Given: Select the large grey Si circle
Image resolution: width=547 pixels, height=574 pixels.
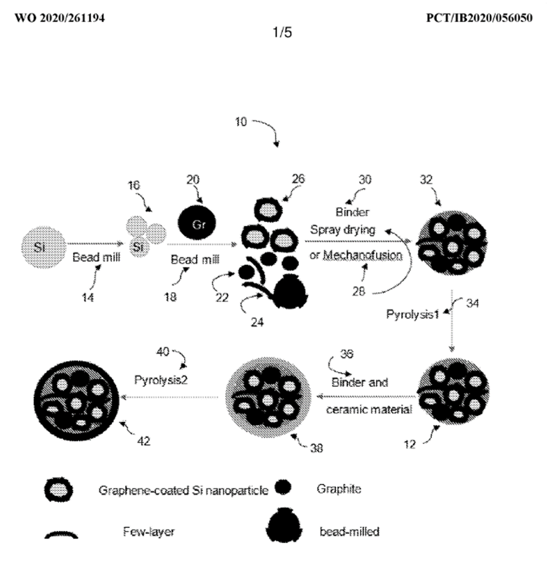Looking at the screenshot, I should pos(43,245).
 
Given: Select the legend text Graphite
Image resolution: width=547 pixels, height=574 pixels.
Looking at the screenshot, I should pos(339,489).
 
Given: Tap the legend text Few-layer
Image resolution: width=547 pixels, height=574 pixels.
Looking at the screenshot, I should pos(149,531).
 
